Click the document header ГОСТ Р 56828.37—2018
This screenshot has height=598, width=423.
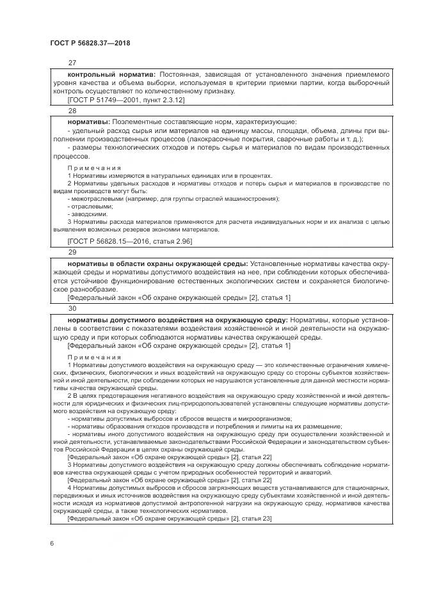tap(90, 42)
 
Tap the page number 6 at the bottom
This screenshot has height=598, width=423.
tap(52, 542)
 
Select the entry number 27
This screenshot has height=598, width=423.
tap(72, 63)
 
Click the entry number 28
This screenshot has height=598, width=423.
tap(72, 111)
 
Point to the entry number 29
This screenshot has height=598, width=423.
tap(72, 252)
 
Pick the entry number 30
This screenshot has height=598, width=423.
tap(72, 307)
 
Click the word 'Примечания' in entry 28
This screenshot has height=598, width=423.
tap(94, 168)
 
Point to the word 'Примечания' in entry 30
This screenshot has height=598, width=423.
tap(94, 357)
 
